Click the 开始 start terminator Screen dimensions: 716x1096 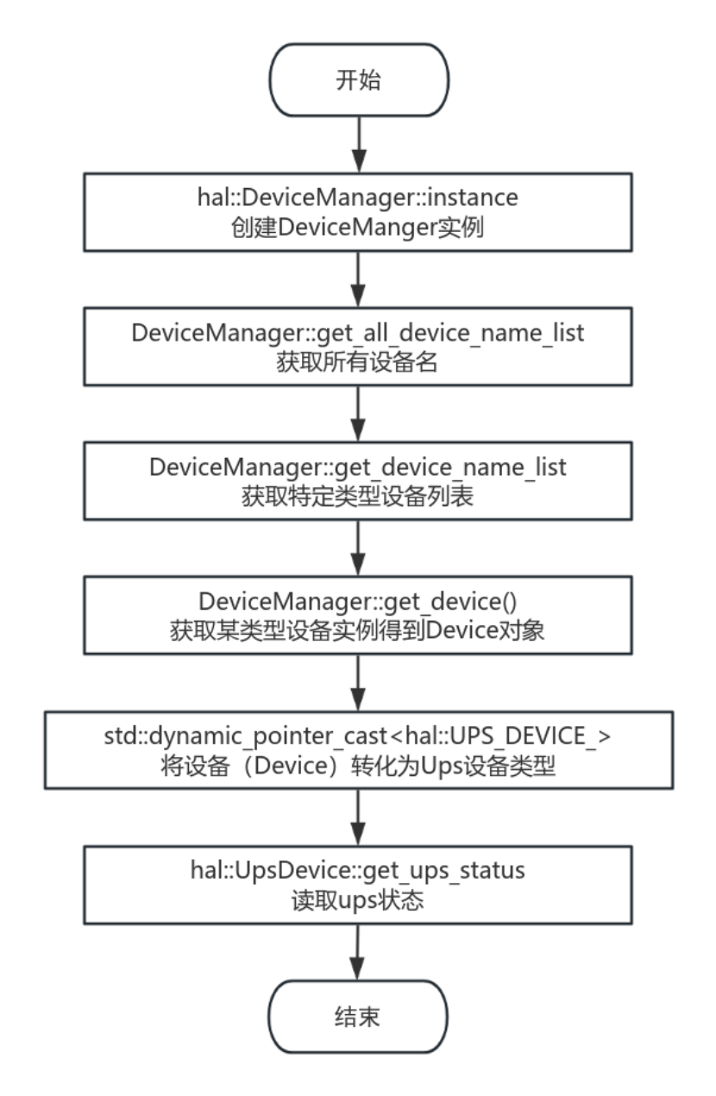pos(359,80)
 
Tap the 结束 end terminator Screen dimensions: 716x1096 pos(358,1017)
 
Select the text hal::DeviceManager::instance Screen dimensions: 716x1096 pos(358,197)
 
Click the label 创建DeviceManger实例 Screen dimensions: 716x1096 pos(358,228)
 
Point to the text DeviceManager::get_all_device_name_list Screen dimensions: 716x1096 pos(358,333)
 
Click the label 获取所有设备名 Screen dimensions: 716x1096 pos(357,362)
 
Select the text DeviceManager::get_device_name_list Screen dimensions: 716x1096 pos(358,467)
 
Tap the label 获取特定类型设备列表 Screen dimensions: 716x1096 pos(358,497)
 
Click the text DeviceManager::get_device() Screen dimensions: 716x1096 pos(358,601)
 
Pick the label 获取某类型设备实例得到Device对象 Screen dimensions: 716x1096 pos(357,630)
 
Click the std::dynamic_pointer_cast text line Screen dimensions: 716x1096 pos(358,736)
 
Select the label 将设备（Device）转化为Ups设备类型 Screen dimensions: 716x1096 pos(358,767)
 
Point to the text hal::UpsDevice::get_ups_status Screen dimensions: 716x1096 pos(358,871)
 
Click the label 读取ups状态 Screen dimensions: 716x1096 pos(358,901)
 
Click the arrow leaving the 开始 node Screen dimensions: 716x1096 pos(359,145)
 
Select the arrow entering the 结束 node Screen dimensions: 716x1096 pos(358,952)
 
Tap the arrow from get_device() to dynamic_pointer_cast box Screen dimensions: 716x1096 pos(358,683)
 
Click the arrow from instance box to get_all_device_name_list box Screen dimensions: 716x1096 pos(358,279)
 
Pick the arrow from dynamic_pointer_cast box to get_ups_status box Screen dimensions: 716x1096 pos(358,817)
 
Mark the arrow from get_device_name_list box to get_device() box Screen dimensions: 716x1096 pos(358,548)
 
